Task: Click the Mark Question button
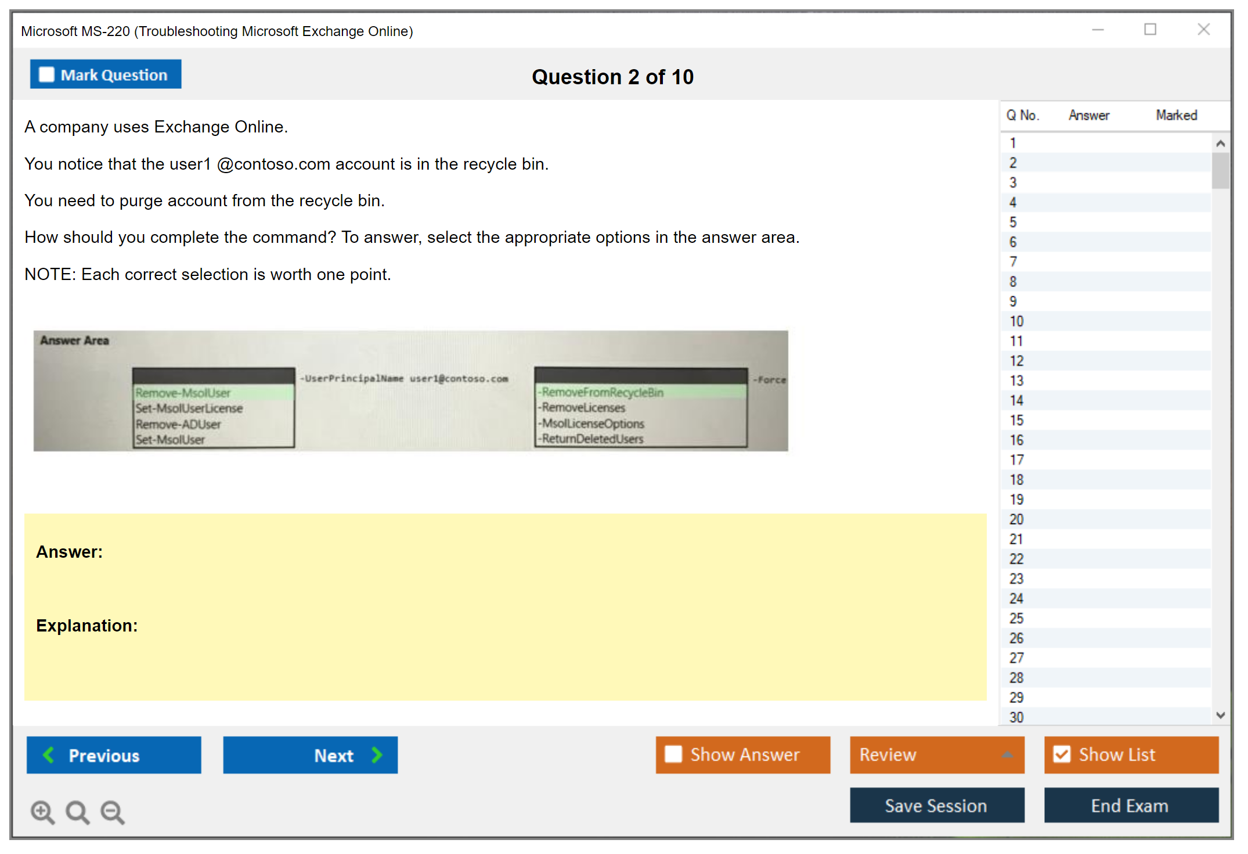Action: (x=106, y=74)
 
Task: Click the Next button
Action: (x=311, y=755)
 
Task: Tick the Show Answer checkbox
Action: (x=673, y=754)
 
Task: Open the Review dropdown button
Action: (x=937, y=755)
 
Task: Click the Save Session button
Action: (x=937, y=805)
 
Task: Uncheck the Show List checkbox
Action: (x=1062, y=754)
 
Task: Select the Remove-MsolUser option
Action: (x=183, y=393)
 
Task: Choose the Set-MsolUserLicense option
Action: (x=189, y=408)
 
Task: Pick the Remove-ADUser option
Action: (x=178, y=424)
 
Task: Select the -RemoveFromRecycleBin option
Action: (x=600, y=392)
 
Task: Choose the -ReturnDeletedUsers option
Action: (x=590, y=439)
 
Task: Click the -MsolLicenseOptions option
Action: (x=591, y=424)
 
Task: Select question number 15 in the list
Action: (x=1016, y=420)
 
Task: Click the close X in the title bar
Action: (x=1203, y=29)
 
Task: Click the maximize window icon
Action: (x=1150, y=29)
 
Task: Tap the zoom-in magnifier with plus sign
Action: (x=42, y=812)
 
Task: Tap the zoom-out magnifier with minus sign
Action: (x=113, y=812)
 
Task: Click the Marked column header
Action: (x=1176, y=115)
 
